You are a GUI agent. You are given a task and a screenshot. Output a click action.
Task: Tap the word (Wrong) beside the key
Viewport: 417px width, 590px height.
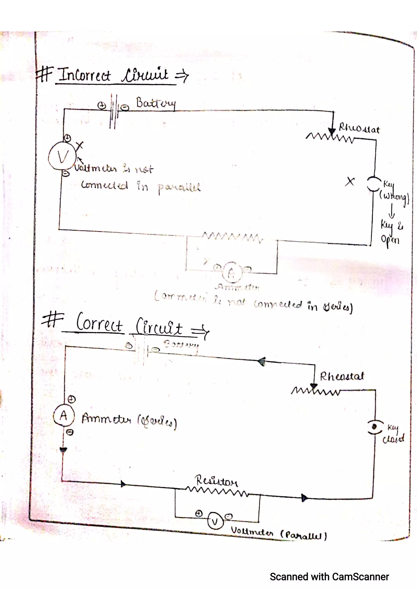tap(394, 197)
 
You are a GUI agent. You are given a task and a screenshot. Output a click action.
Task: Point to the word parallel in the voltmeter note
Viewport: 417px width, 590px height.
tap(179, 188)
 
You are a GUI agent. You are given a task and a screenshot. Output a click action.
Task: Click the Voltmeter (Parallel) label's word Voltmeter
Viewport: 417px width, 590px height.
tap(252, 531)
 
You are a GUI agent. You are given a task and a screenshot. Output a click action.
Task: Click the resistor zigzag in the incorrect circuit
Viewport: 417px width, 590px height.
tap(233, 237)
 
